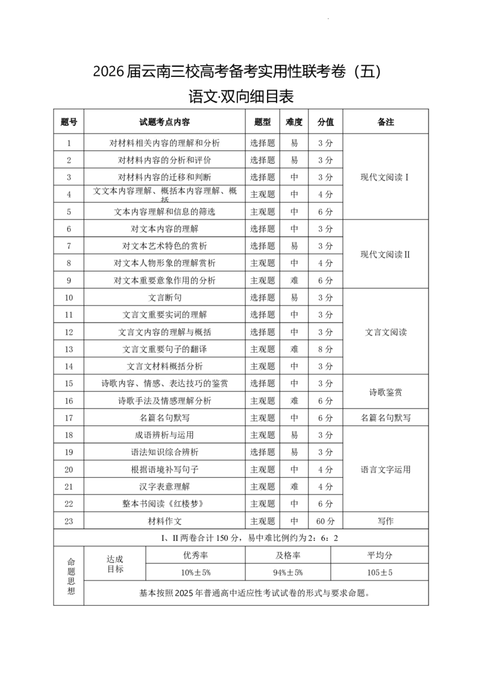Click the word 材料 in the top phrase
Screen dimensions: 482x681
point(127,143)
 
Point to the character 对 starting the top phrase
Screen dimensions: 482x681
point(113,143)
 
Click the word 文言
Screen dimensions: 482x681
point(157,297)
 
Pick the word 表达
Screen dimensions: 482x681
point(178,383)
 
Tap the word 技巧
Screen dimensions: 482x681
point(195,383)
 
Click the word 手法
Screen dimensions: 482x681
point(143,401)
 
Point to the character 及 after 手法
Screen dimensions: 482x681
point(155,401)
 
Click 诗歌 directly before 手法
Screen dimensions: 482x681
point(125,401)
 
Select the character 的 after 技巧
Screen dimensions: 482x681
point(207,383)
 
